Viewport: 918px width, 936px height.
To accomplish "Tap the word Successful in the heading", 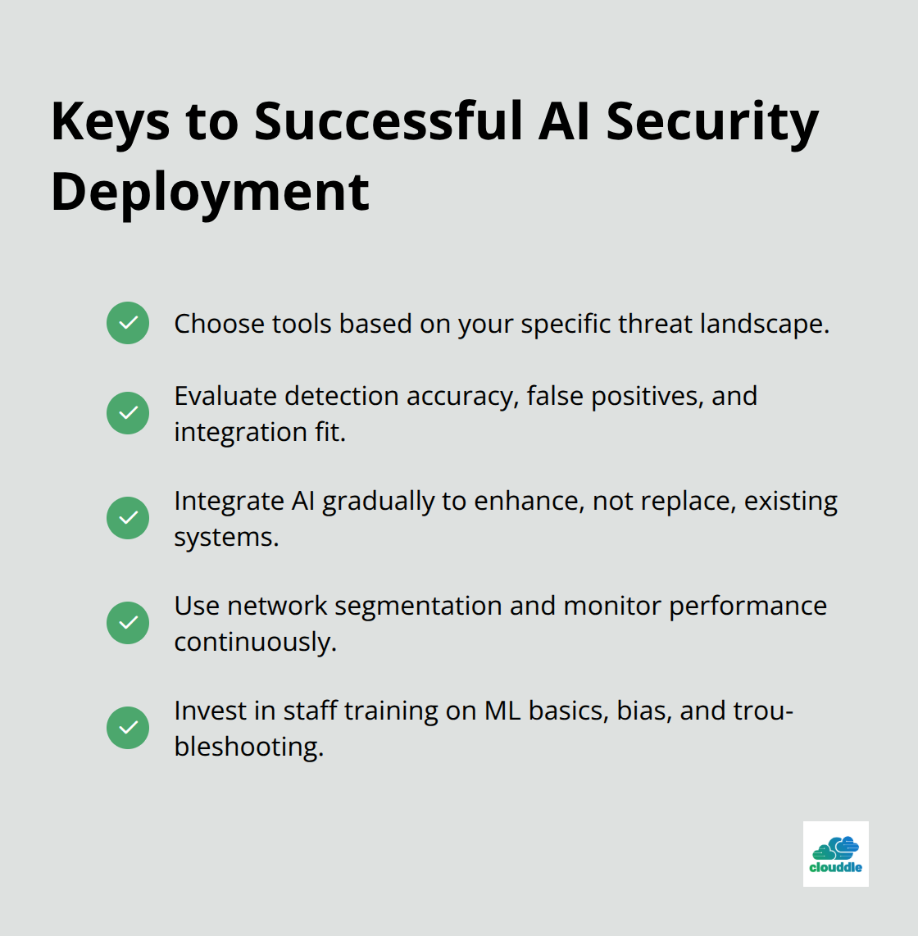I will pos(389,121).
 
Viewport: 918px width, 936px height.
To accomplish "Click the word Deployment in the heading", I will pos(210,193).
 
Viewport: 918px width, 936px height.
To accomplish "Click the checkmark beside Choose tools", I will pos(128,323).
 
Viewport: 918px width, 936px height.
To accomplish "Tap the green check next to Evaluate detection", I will pos(128,412).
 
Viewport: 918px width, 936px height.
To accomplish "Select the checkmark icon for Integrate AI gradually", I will pos(128,518).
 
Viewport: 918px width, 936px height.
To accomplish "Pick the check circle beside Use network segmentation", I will pos(128,623).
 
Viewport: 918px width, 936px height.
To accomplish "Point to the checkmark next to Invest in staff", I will pos(128,728).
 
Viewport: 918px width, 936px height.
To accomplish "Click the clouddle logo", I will pos(835,854).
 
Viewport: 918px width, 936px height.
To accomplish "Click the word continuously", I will pos(255,642).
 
